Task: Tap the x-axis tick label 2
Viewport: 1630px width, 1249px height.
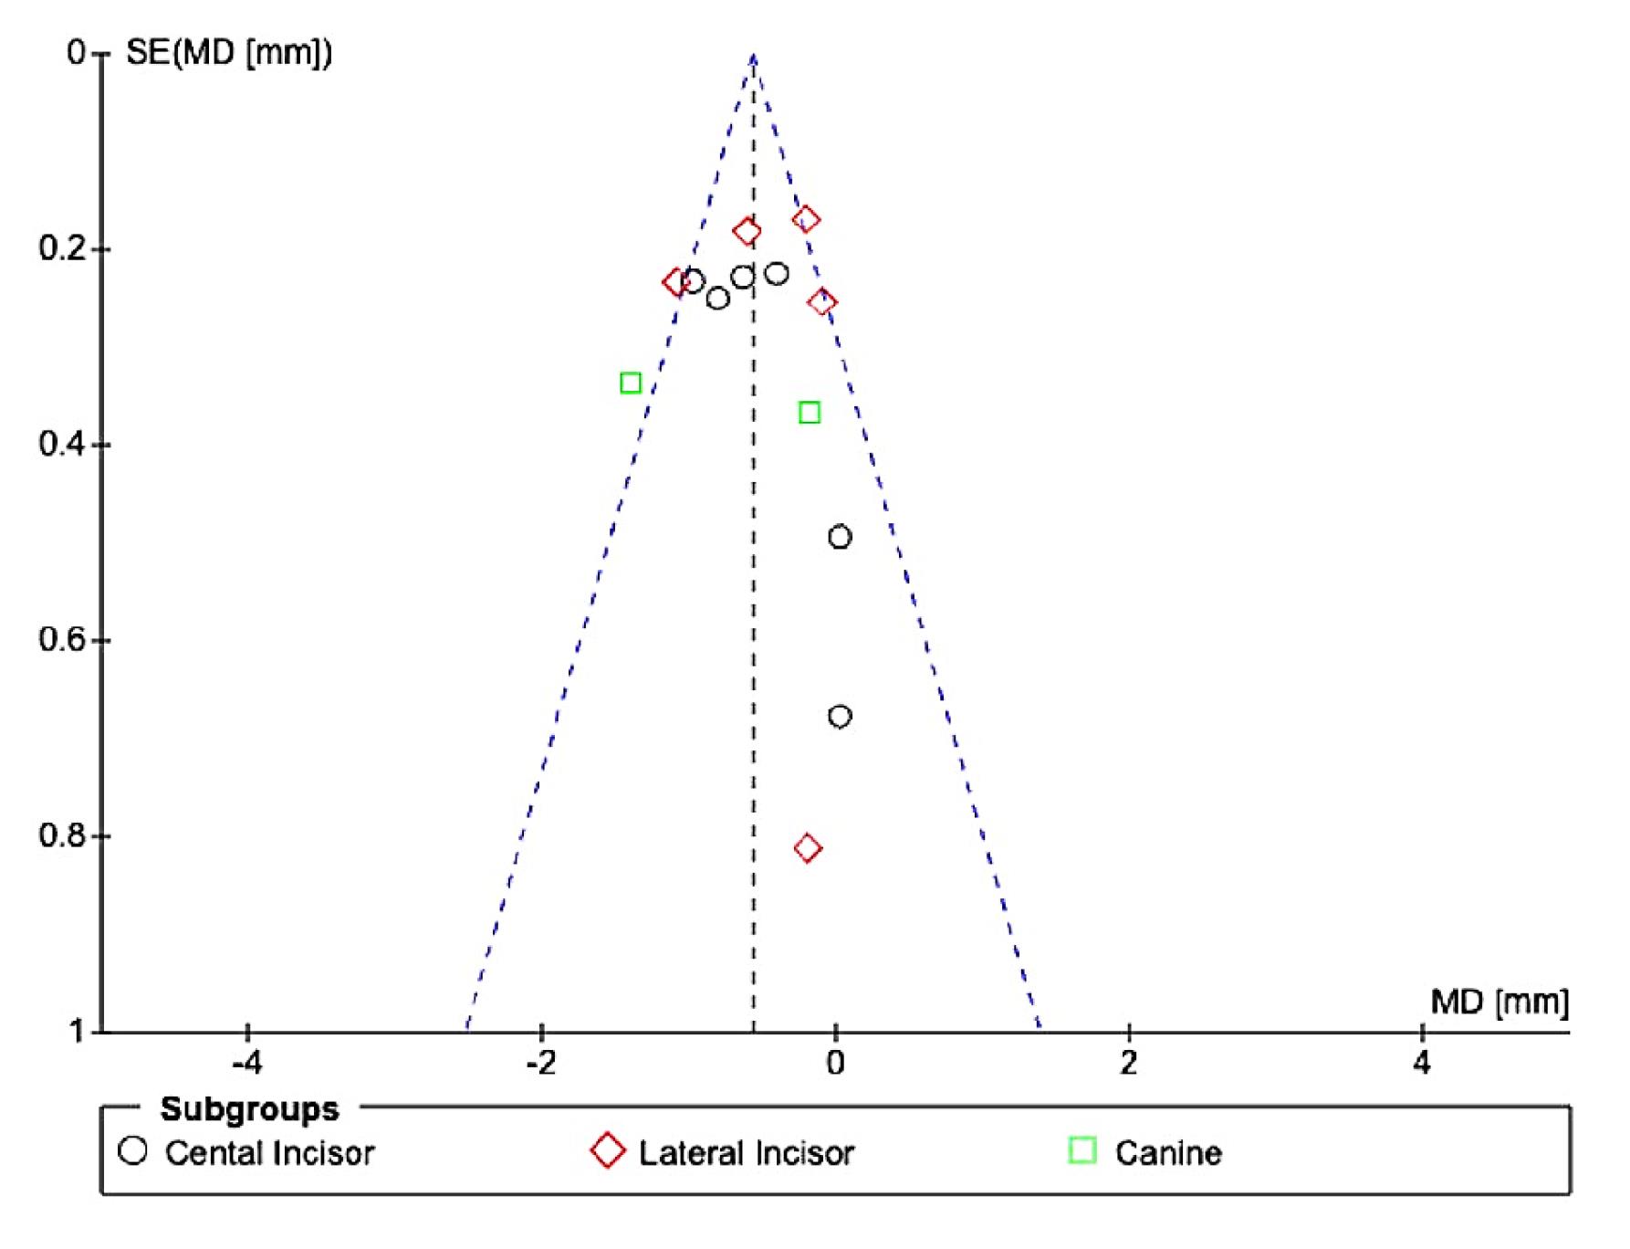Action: coord(1129,1064)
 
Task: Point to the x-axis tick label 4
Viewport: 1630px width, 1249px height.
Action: coord(1422,1064)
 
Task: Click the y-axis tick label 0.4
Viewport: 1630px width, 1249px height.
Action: coord(61,445)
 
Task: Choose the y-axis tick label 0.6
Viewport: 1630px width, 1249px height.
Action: coord(61,640)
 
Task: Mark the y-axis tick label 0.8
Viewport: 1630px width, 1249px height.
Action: coord(61,836)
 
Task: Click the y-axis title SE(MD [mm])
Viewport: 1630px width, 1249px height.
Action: coord(229,53)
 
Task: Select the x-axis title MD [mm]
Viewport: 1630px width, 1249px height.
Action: coord(1499,1002)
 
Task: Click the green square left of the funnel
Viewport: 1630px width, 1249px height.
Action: coord(630,383)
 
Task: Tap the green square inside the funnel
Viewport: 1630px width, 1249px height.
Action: coord(809,413)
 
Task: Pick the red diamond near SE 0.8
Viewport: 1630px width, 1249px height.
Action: coord(807,848)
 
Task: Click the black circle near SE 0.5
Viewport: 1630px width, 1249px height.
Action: coord(840,537)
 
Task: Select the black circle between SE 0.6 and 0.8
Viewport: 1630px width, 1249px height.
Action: coord(840,717)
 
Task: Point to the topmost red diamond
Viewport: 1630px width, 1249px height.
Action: coord(806,219)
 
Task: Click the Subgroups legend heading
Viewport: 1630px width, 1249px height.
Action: coord(249,1109)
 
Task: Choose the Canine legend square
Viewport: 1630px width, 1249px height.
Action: coord(1081,1150)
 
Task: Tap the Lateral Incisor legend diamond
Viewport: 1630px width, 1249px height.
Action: coord(608,1150)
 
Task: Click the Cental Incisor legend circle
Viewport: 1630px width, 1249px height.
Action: coord(133,1150)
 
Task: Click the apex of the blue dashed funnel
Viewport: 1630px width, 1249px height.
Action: coord(753,57)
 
